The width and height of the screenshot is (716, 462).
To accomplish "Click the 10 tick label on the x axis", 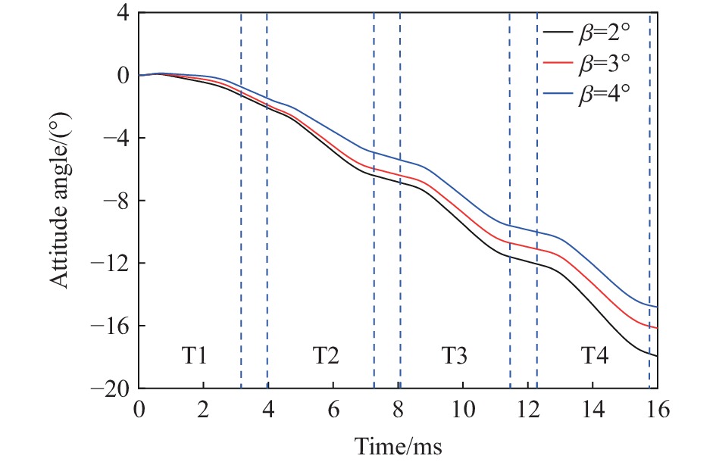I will point(462,410).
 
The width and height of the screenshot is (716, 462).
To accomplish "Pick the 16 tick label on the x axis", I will point(657,410).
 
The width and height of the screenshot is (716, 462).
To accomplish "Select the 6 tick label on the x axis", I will point(333,410).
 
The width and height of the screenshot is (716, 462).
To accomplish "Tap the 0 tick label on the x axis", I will point(139,410).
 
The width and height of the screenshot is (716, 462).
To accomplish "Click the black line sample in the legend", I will point(556,33).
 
